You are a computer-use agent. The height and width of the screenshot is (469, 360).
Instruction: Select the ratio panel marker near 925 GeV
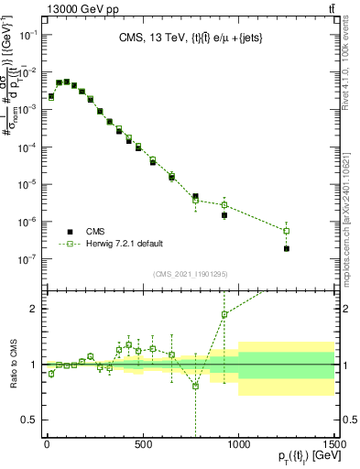224,314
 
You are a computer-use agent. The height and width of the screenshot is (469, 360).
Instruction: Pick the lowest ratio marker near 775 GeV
195,386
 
